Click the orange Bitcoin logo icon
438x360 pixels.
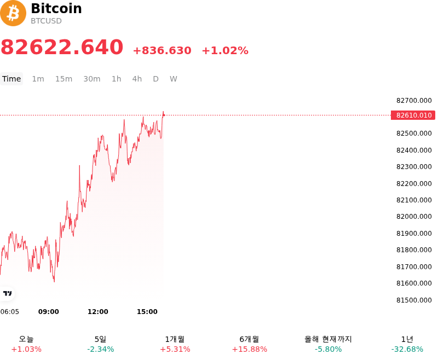(x=13, y=13)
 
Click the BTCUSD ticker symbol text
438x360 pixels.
(x=46, y=21)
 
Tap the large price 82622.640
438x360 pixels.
(x=62, y=47)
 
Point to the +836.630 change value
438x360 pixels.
(x=162, y=50)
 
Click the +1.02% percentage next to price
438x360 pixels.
(x=225, y=50)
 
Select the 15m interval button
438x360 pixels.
(x=64, y=79)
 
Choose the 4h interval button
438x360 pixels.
(x=137, y=79)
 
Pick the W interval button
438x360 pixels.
(x=173, y=79)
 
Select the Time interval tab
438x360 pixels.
(x=11, y=79)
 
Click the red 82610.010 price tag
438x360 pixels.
(x=413, y=115)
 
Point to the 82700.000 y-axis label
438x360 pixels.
(x=414, y=101)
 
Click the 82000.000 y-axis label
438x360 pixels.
(x=414, y=217)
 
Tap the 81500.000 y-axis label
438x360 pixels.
(x=414, y=300)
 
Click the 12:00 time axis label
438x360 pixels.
(x=98, y=312)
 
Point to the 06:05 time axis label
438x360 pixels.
(x=9, y=312)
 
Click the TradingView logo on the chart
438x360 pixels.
(x=7, y=293)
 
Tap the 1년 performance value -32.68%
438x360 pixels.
(x=407, y=350)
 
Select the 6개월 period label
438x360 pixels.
(x=249, y=339)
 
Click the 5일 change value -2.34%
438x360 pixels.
(x=101, y=350)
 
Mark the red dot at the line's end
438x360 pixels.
(x=164, y=115)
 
